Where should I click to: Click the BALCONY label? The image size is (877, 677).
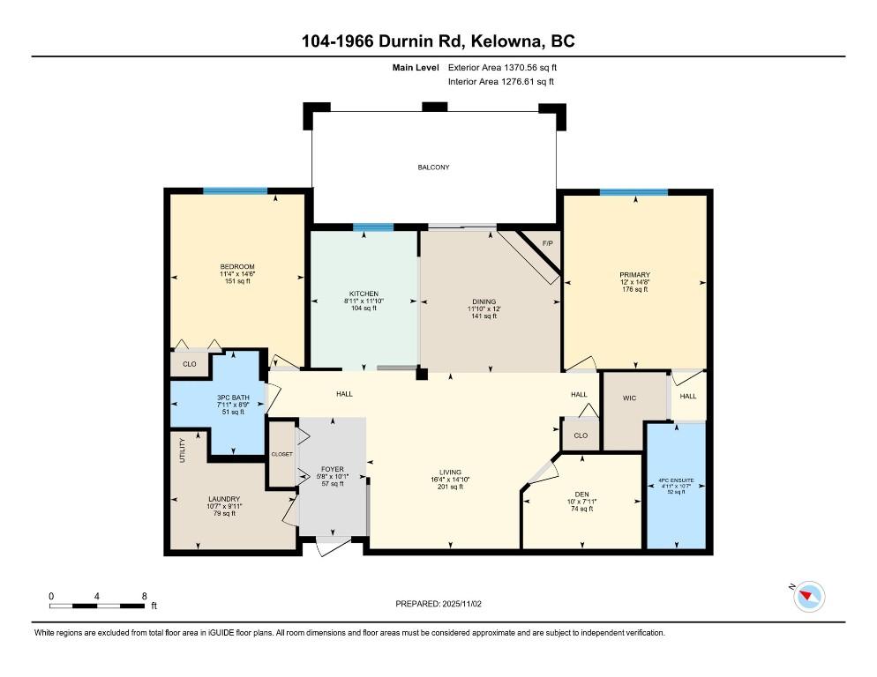(433, 167)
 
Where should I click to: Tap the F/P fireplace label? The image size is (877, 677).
(548, 244)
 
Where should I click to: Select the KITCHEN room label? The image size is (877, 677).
(364, 294)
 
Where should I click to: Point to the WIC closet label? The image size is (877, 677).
(629, 398)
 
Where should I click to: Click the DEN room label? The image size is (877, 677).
(581, 495)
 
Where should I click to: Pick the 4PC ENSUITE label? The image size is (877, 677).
(676, 480)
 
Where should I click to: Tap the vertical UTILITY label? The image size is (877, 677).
(182, 450)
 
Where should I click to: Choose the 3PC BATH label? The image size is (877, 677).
(233, 398)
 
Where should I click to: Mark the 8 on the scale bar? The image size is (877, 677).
(145, 596)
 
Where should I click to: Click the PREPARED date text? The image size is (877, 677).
(438, 604)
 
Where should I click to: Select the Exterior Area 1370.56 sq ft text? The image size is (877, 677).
(502, 68)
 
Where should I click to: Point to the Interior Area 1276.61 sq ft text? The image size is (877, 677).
(501, 82)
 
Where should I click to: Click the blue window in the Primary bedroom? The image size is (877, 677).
(633, 192)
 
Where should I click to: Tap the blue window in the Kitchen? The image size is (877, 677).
(373, 227)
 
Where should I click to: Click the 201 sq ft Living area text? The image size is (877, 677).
(450, 487)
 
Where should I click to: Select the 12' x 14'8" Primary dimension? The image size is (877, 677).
(635, 282)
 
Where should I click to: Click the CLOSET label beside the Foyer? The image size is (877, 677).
(282, 454)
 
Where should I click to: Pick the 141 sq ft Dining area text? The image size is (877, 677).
(483, 316)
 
